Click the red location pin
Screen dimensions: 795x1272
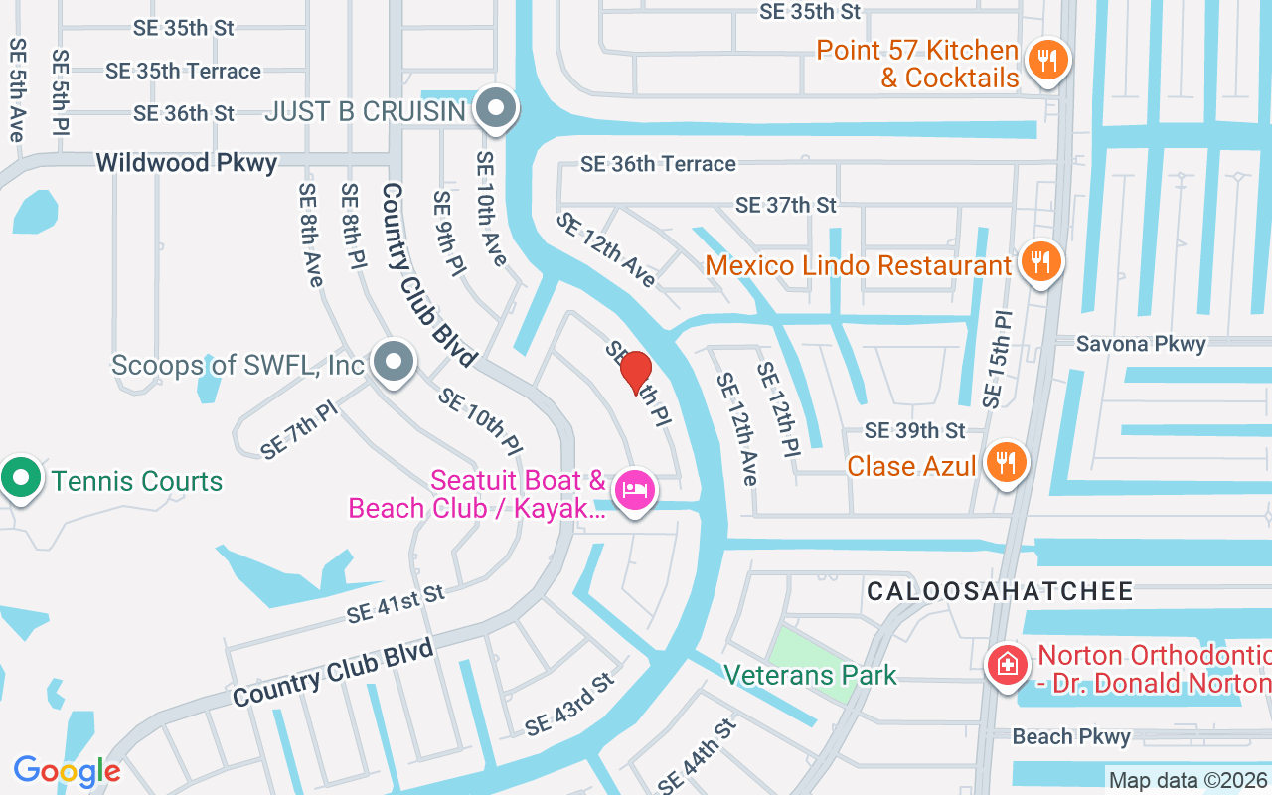point(636,373)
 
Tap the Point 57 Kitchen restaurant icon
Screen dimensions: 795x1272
point(1046,61)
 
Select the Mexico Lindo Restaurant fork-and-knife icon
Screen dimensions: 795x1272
point(1040,263)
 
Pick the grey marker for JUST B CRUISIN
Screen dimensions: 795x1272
point(494,108)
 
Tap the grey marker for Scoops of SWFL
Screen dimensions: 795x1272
point(395,363)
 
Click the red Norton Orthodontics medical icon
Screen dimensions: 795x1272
point(1007,665)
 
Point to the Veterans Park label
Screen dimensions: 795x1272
point(810,676)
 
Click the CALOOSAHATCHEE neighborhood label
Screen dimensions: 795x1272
point(1000,592)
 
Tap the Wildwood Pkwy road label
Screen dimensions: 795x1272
point(187,163)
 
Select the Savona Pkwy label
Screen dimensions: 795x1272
point(1141,344)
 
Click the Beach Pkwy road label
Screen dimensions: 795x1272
point(1071,736)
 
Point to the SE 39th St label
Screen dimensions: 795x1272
point(914,430)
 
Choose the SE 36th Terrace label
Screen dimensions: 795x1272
point(658,164)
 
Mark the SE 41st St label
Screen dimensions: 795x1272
point(395,603)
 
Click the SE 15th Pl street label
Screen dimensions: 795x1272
point(997,360)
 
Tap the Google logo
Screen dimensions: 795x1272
point(67,770)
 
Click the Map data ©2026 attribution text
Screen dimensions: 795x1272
point(1188,781)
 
